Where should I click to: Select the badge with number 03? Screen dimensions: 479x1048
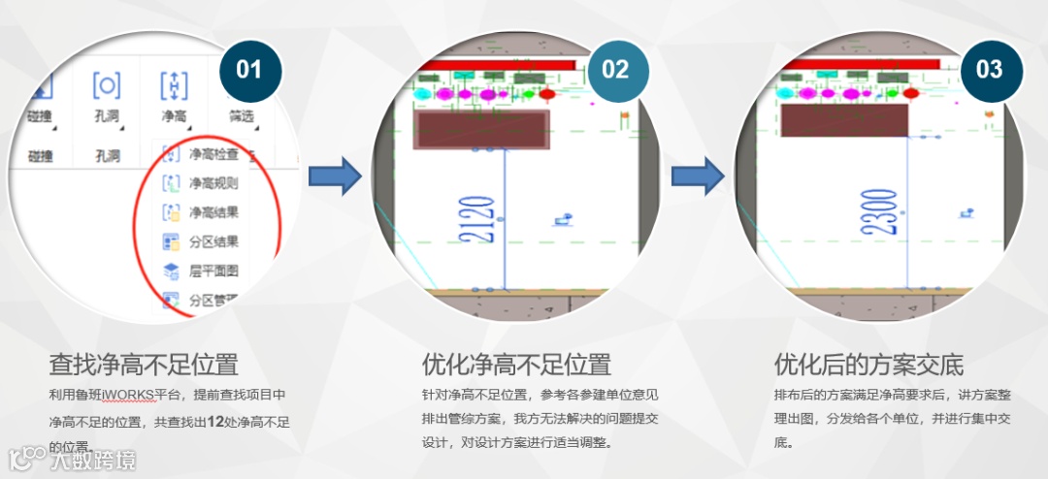[989, 69]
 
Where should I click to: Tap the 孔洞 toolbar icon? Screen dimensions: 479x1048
[107, 86]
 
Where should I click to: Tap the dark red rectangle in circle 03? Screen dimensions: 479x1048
[844, 119]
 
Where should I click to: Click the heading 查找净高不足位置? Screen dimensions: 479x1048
[144, 366]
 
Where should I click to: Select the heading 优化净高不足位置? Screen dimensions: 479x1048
[516, 366]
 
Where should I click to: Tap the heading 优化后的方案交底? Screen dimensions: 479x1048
[868, 366]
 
